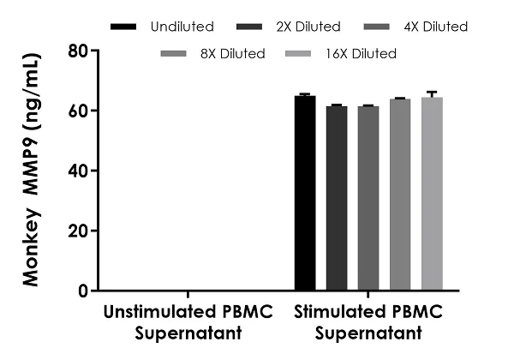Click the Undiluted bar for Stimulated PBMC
coord(305,194)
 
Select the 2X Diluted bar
coord(337,198)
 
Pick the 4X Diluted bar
coord(368,198)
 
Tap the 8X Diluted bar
coord(400,195)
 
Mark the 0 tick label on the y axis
coord(83,291)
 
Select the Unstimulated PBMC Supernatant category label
coord(188,320)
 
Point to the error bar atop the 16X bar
coord(432,93)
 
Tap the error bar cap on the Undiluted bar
coord(305,93)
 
